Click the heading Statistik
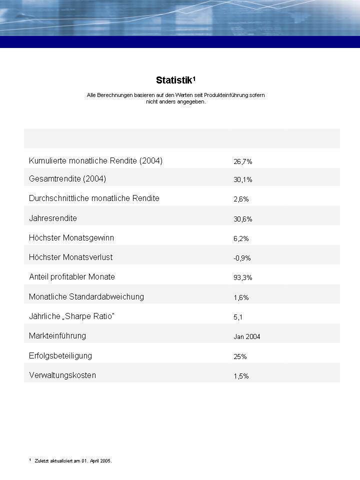[x=175, y=80]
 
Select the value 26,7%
[x=243, y=162]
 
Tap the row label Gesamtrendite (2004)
[x=67, y=178]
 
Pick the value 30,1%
[x=243, y=180]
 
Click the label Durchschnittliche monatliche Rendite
[x=94, y=198]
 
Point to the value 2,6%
[x=241, y=199]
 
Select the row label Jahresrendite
[x=53, y=218]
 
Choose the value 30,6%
[x=243, y=219]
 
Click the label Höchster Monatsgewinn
[x=71, y=237]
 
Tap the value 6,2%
[x=241, y=239]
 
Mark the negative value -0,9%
[x=242, y=258]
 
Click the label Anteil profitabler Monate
[x=72, y=276]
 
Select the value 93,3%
[x=243, y=278]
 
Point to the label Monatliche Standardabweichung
[x=86, y=296]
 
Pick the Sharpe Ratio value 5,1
[x=238, y=317]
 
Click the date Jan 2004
[x=247, y=337]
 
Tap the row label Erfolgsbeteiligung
[x=60, y=355]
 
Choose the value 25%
[x=240, y=357]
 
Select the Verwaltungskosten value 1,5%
[x=241, y=376]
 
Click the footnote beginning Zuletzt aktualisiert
[x=73, y=461]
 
